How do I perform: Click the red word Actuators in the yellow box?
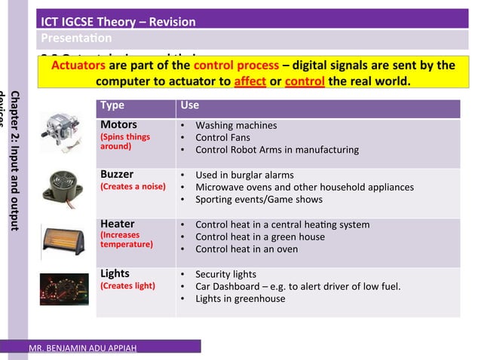click(78, 66)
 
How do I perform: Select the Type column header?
click(112, 106)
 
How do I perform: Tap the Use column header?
click(190, 106)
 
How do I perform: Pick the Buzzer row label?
click(117, 175)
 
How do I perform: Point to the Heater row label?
click(117, 224)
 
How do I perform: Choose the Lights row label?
click(115, 273)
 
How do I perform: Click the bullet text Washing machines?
click(236, 126)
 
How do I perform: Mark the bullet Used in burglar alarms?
click(244, 175)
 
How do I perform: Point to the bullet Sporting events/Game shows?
click(259, 200)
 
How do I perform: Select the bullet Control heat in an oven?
click(247, 249)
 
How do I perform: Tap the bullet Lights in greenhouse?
click(240, 298)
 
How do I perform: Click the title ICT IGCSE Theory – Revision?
click(118, 21)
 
